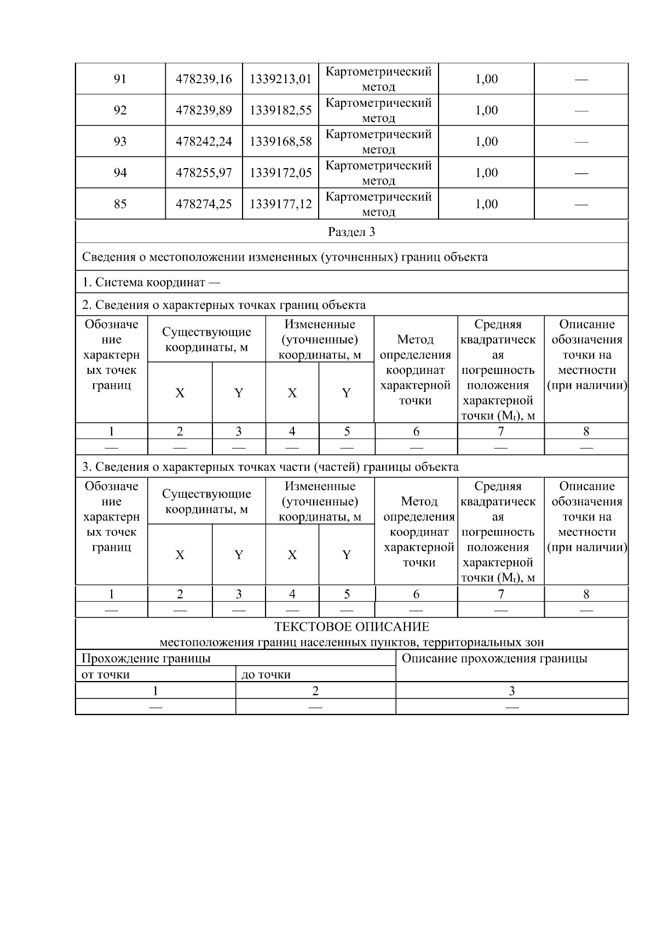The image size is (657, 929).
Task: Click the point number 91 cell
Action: tap(120, 79)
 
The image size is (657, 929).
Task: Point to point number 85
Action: tap(120, 204)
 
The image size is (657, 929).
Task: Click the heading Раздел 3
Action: tap(351, 232)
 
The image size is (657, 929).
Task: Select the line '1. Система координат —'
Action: tap(151, 282)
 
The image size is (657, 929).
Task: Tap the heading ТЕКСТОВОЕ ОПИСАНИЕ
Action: tap(351, 627)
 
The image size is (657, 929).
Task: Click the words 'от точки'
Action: tap(106, 674)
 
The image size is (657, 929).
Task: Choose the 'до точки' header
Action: tap(267, 674)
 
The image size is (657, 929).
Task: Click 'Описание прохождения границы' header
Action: tap(494, 659)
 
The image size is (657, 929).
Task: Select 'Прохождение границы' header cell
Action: tap(146, 659)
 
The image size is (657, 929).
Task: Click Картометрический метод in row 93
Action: tap(378, 142)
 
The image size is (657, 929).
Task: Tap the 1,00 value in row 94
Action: tap(486, 173)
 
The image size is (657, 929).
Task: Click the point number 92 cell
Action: tap(120, 111)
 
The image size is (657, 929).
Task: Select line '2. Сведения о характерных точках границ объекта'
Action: tap(224, 305)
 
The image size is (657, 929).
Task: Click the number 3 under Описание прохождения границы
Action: tap(511, 691)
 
